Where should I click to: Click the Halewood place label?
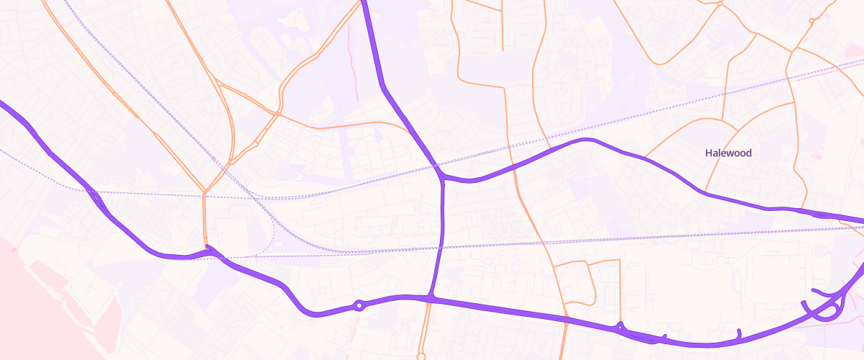(729, 153)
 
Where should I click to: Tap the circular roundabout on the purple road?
(359, 306)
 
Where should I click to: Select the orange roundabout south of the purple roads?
(421, 356)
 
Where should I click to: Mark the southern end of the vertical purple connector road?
(432, 296)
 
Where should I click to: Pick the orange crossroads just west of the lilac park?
(278, 114)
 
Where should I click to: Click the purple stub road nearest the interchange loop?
(739, 333)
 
